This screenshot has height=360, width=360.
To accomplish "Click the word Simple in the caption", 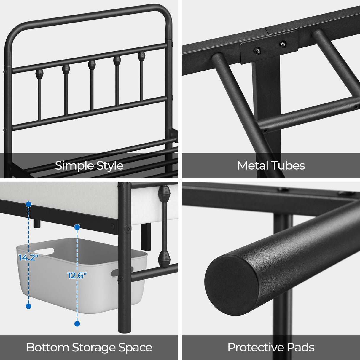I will pos(73,165).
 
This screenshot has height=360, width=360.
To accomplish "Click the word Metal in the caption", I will pos(253,165).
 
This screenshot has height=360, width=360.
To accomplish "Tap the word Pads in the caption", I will pos(301,347).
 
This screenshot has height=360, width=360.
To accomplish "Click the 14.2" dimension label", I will pos(29,257).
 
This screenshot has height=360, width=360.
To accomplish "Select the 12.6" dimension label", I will pos(77,275).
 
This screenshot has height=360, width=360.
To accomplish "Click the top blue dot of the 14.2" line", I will pos(29,204).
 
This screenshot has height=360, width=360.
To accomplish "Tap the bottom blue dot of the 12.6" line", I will pos(77,324).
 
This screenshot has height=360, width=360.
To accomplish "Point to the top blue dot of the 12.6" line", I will pos(77,227).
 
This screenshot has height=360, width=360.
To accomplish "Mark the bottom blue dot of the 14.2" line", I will pos(29,306).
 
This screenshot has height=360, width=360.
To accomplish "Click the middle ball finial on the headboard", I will pos(92,64).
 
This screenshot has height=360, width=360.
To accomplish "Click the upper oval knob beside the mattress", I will pos(164,194).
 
